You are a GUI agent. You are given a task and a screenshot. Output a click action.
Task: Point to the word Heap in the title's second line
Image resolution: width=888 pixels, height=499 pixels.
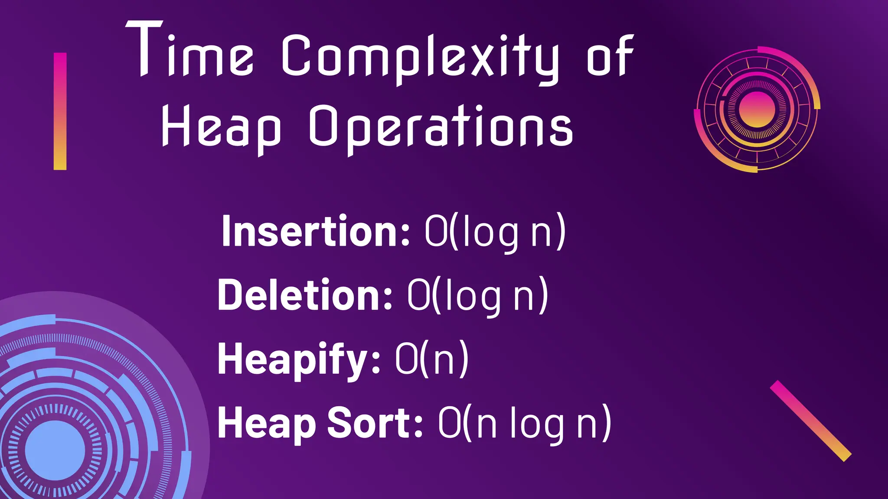coord(221,128)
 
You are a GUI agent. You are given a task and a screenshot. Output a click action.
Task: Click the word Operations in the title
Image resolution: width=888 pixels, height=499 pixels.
coord(441,128)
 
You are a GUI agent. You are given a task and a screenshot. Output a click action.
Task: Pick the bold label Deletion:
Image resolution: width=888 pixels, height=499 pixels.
coord(305,295)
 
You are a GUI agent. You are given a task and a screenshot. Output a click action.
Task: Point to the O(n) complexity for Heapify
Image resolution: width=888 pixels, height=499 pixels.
coord(432,359)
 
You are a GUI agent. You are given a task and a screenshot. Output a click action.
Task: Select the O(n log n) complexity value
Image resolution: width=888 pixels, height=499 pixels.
coord(525,423)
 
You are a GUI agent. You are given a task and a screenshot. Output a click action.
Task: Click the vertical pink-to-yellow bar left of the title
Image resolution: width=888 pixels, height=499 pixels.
coord(60,111)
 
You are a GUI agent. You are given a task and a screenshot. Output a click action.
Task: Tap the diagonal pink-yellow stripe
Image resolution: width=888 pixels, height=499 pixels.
coord(810,421)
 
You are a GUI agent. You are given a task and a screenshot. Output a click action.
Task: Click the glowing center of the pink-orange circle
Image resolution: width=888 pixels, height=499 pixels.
coord(757,109)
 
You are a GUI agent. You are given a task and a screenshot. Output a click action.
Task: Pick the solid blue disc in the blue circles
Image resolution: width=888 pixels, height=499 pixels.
coord(55,450)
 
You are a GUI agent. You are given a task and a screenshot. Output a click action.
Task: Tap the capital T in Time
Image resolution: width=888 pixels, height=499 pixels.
coord(144,49)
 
